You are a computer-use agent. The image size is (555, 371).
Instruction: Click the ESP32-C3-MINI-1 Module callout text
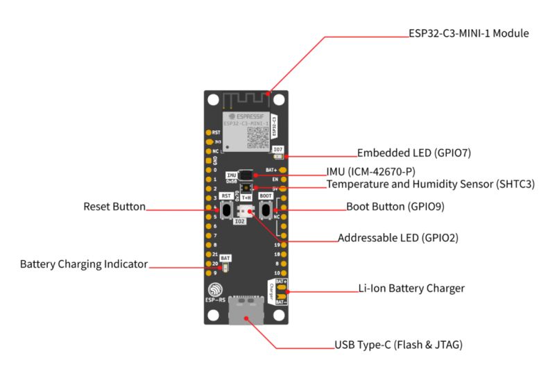[470, 33]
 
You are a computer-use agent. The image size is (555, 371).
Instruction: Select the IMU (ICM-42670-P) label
[374, 171]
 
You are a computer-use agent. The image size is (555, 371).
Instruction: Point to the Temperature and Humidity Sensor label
[431, 184]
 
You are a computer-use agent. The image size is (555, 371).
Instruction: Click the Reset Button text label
[114, 207]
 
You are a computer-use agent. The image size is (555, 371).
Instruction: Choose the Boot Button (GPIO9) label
[395, 207]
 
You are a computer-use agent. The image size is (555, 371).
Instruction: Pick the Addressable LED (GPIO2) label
[398, 238]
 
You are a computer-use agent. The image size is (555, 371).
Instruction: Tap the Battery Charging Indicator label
[84, 264]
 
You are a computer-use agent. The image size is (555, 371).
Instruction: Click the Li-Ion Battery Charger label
[411, 288]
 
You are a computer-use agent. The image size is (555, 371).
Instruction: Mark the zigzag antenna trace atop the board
[245, 98]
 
